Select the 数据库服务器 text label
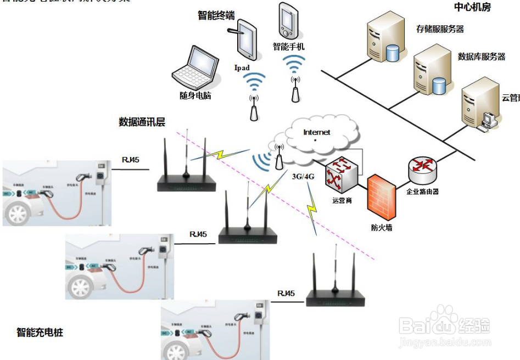click(482, 57)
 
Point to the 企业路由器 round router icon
click(422, 171)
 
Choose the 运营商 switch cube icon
click(340, 175)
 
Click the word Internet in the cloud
click(317, 132)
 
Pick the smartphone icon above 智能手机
click(288, 21)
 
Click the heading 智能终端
click(216, 16)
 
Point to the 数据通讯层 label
click(142, 122)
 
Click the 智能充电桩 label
click(40, 332)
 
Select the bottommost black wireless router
click(335, 291)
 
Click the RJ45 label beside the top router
click(130, 160)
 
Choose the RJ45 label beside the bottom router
click(286, 293)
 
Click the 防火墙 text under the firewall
click(382, 227)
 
